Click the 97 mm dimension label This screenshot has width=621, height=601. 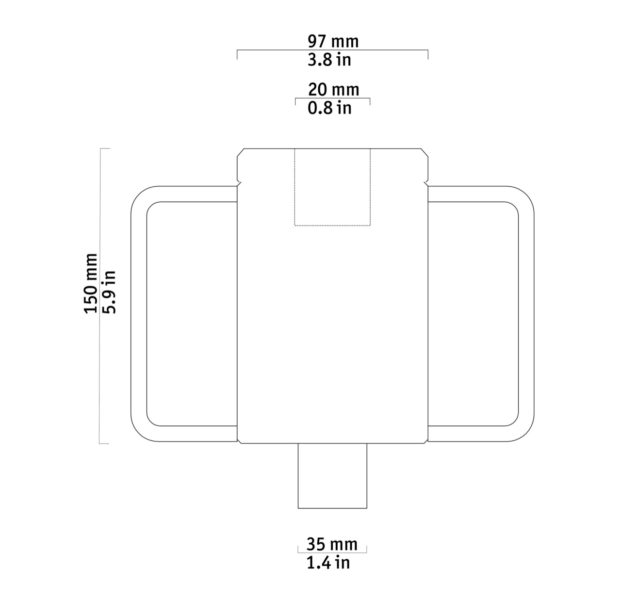[333, 41]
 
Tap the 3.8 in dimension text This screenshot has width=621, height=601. [329, 60]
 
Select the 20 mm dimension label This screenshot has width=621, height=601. [333, 90]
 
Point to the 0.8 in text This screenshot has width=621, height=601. [329, 108]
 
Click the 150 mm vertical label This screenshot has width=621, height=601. [91, 284]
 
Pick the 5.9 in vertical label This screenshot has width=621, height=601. [109, 292]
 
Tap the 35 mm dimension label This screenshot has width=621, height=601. [332, 544]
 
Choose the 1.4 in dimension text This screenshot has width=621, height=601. [328, 563]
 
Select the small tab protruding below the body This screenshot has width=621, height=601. [332, 476]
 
